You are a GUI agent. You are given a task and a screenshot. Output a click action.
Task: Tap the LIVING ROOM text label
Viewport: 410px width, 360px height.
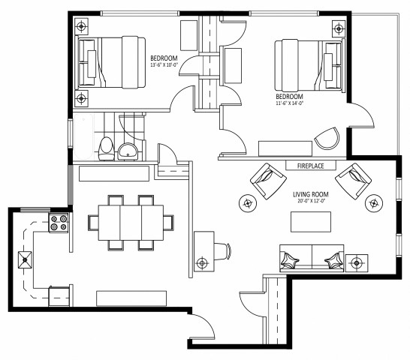click(x=311, y=194)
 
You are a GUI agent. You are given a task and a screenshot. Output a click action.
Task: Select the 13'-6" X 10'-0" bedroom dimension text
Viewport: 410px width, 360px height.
click(x=164, y=65)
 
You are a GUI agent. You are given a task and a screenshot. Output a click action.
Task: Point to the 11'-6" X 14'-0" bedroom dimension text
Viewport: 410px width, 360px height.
click(x=289, y=104)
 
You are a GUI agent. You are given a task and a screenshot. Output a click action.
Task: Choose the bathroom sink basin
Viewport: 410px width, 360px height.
click(x=128, y=151)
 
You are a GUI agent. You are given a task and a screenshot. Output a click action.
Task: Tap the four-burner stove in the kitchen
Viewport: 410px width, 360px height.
click(x=59, y=223)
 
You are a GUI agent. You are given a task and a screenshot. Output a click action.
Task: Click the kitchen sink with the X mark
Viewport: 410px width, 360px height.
click(x=26, y=262)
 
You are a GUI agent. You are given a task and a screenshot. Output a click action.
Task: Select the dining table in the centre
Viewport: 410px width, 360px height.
click(x=127, y=222)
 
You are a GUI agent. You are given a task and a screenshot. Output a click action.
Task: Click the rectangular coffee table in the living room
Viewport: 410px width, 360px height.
click(x=311, y=222)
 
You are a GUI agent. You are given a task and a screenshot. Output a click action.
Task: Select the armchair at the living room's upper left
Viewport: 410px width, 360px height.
click(x=267, y=180)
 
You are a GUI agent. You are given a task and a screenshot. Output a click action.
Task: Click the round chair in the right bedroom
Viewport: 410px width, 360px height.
click(x=327, y=139)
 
